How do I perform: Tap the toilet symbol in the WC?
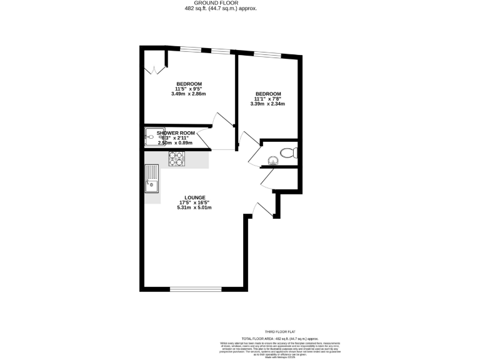pyautogui.click(x=287, y=152)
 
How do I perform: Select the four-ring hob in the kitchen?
pyautogui.click(x=176, y=159)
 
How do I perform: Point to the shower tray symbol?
pyautogui.click(x=151, y=137)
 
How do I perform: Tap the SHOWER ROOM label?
pyautogui.click(x=176, y=133)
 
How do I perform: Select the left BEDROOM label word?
pyautogui.click(x=189, y=84)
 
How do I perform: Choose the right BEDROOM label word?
pyautogui.click(x=267, y=94)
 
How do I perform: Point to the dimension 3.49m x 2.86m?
pyautogui.click(x=188, y=94)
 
